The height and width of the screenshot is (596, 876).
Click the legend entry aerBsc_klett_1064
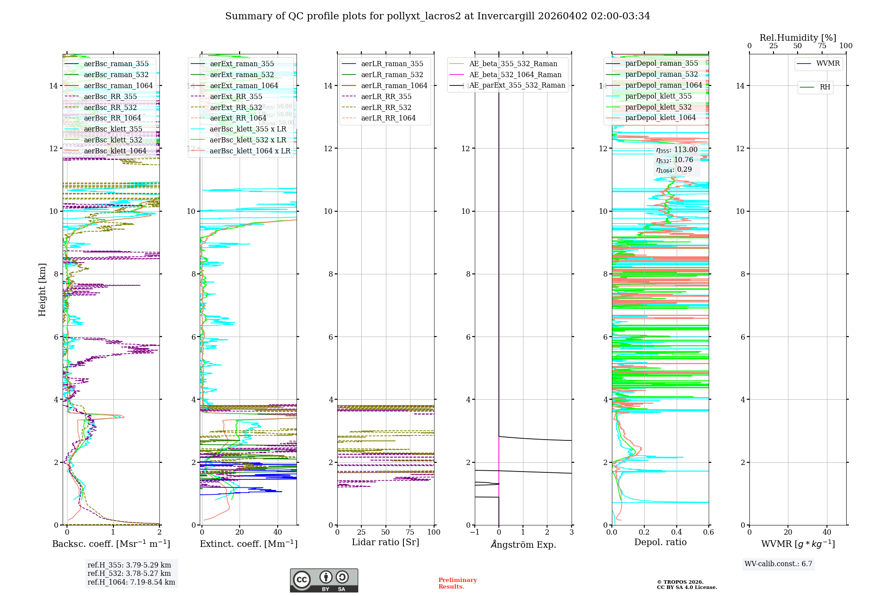pyautogui.click(x=115, y=151)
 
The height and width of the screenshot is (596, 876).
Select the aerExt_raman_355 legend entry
pyautogui.click(x=242, y=64)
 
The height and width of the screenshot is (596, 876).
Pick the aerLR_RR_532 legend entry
pyautogui.click(x=386, y=107)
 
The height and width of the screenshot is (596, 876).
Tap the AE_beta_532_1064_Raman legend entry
pyautogui.click(x=515, y=75)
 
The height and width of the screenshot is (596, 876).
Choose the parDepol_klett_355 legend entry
pyautogui.click(x=658, y=96)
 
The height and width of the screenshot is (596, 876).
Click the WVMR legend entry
pyautogui.click(x=828, y=64)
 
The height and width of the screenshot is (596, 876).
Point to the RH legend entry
pyautogui.click(x=825, y=87)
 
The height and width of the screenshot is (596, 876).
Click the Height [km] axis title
pyautogui.click(x=42, y=290)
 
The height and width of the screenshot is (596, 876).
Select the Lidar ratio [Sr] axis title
pyautogui.click(x=385, y=543)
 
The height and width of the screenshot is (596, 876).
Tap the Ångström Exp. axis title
pyautogui.click(x=523, y=545)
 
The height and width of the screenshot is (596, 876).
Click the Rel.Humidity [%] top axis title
pyautogui.click(x=798, y=38)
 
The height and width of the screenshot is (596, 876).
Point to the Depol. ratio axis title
pyautogui.click(x=660, y=543)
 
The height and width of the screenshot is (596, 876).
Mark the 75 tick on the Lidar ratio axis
pyautogui.click(x=410, y=532)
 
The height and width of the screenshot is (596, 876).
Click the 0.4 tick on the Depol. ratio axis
pyautogui.click(x=676, y=532)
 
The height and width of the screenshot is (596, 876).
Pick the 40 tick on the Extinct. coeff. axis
pyautogui.click(x=278, y=532)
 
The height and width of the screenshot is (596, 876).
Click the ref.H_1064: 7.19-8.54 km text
pyautogui.click(x=131, y=582)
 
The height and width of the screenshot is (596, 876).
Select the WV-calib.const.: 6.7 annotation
pyautogui.click(x=778, y=564)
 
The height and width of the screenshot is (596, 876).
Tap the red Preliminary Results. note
pyautogui.click(x=457, y=583)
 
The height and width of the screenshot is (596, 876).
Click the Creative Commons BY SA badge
pyautogui.click(x=324, y=581)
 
